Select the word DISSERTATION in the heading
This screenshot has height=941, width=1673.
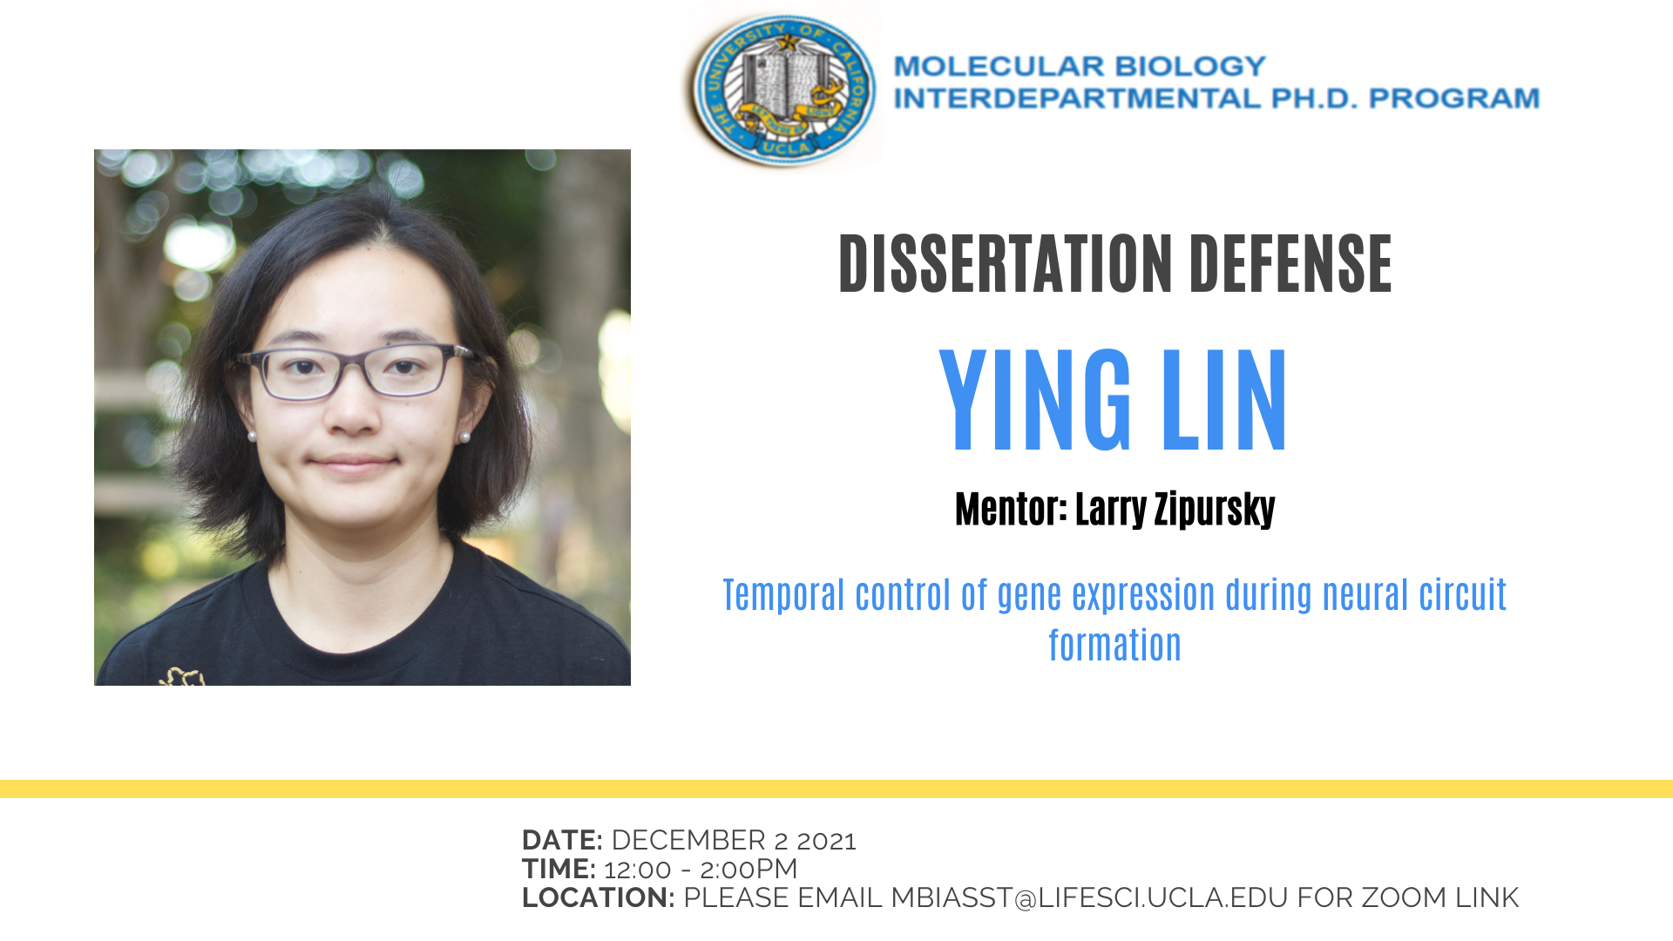tap(1006, 264)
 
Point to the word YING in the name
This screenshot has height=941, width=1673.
tap(1034, 400)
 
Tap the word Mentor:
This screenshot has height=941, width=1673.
tap(1011, 509)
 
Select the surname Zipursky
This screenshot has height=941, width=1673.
tap(1215, 510)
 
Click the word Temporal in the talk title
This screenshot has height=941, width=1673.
tap(784, 595)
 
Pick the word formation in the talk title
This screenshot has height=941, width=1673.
tap(1114, 646)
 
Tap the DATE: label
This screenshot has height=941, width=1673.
tap(562, 840)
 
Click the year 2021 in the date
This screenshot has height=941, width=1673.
tap(826, 841)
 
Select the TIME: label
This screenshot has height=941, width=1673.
tap(559, 869)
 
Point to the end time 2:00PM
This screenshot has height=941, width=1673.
tap(748, 869)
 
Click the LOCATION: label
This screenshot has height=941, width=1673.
tap(598, 897)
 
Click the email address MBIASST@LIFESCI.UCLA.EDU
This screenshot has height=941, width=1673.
tap(1089, 897)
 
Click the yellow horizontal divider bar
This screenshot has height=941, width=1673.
tap(836, 789)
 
